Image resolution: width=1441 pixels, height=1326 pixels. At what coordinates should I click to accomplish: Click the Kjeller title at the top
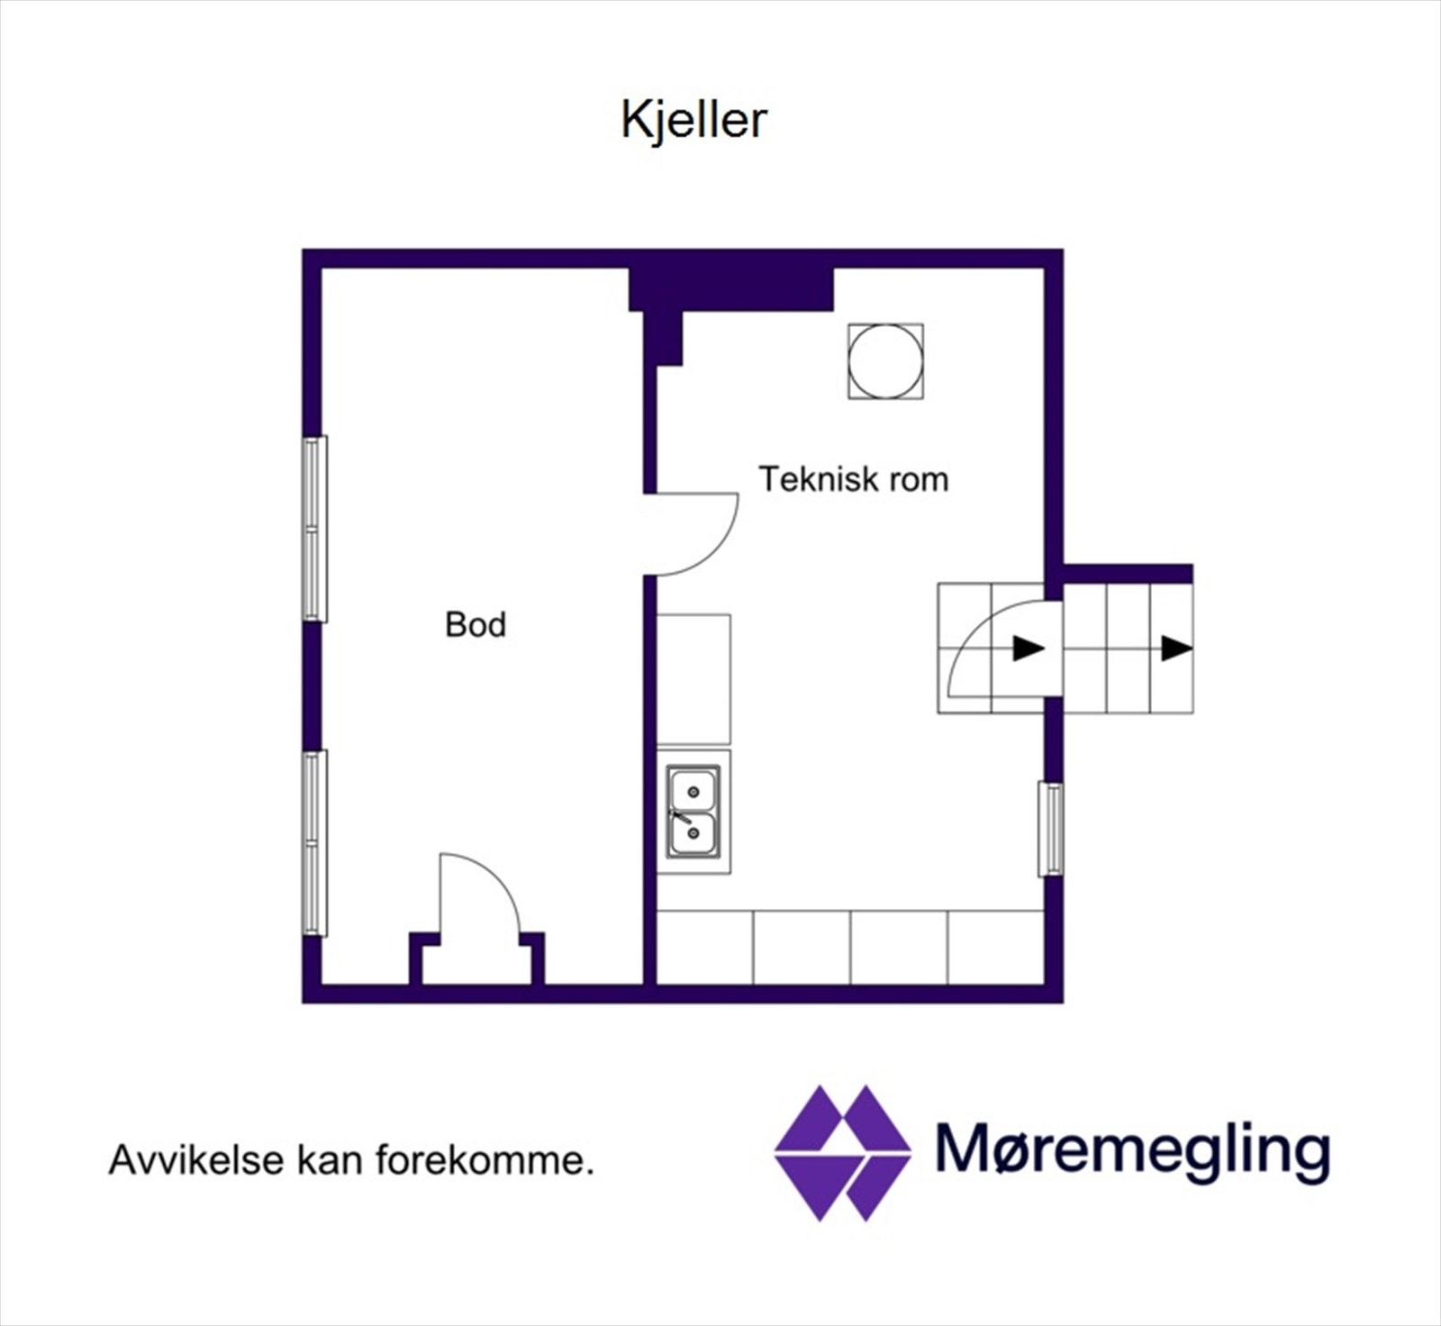point(693,120)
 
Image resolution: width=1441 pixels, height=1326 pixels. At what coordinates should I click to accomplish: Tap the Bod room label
point(476,624)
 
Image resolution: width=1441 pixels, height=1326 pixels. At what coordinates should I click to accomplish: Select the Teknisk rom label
point(853,479)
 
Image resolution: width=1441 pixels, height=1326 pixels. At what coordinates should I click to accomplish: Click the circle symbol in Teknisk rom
point(885,361)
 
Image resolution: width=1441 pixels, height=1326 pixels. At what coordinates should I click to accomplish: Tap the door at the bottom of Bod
point(478,901)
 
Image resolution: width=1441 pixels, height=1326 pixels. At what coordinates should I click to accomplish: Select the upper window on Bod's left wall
point(313,529)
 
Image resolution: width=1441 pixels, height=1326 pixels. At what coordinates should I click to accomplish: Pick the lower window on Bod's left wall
point(313,843)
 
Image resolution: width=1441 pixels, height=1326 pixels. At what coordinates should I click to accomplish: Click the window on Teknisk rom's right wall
point(1050,829)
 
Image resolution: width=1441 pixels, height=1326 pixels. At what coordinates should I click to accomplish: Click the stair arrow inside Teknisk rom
point(1028,648)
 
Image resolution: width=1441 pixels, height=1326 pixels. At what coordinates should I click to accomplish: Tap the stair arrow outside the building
point(1175,648)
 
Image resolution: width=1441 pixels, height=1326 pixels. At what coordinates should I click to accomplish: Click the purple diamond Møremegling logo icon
point(842,1153)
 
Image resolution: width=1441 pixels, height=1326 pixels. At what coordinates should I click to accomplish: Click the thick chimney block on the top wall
point(730,288)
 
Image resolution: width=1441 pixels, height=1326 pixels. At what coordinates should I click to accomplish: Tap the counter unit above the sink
point(693,679)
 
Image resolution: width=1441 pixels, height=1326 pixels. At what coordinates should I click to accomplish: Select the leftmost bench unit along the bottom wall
point(704,948)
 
